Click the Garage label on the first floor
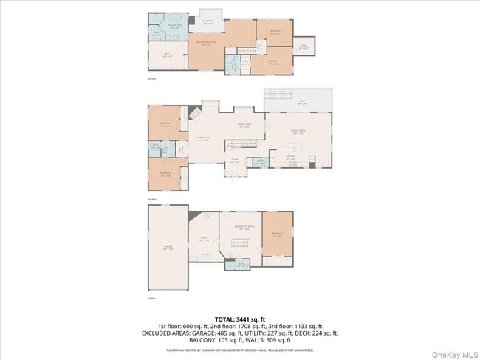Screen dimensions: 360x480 (x=168, y=248)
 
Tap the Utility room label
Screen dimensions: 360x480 (x=204, y=239)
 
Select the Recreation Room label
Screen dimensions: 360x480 (x=244, y=226)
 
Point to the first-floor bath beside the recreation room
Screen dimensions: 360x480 (x=237, y=265)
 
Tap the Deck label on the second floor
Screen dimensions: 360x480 (x=301, y=102)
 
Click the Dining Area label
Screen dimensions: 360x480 (x=244, y=126)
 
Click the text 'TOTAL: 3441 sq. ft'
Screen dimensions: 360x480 (x=239, y=319)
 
